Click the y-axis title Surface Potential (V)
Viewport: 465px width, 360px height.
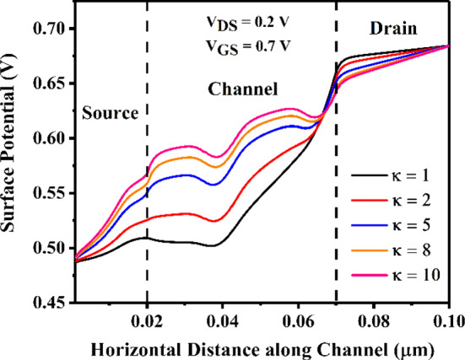(14, 160)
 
